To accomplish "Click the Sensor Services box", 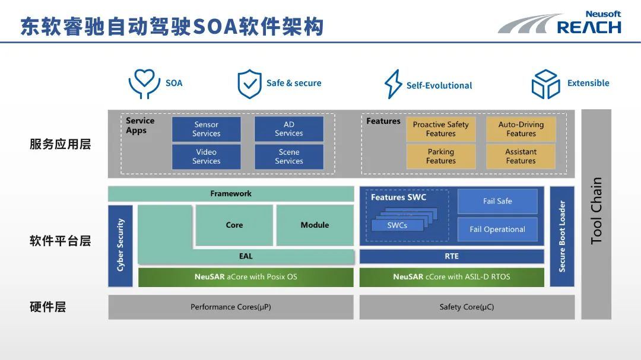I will (x=206, y=129).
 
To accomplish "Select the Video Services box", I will (x=206, y=157).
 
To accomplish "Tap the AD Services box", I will (x=289, y=129).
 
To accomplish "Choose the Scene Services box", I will (x=289, y=157).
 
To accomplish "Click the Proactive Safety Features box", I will (x=441, y=129).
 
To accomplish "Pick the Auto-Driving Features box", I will (x=521, y=129).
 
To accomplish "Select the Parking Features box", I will (x=441, y=157).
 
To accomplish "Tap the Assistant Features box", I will (x=521, y=157).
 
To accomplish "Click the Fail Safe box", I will (x=497, y=201).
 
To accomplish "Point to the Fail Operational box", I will (x=497, y=230).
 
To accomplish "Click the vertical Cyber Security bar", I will (x=120, y=246).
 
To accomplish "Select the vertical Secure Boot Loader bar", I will (x=562, y=236).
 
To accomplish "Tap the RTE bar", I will (x=452, y=256).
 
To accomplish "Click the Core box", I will (x=234, y=225).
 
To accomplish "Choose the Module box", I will (x=315, y=225).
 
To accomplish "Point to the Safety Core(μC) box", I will (x=467, y=307).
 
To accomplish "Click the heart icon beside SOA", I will (x=144, y=84).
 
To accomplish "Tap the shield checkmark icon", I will (x=249, y=84).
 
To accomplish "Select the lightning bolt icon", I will (x=393, y=84).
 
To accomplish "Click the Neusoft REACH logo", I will (x=561, y=23).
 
